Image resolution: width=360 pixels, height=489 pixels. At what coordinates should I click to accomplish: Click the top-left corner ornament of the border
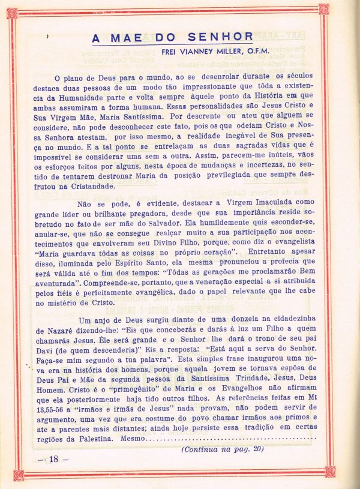tap(18, 9)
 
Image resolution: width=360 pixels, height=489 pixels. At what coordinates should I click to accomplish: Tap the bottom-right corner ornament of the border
tap(329, 472)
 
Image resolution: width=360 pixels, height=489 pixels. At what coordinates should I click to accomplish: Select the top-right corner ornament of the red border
tap(324, 9)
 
